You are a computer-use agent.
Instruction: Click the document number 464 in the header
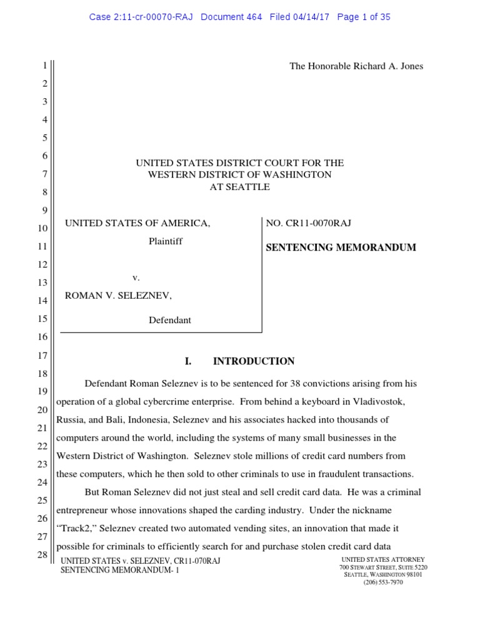point(253,17)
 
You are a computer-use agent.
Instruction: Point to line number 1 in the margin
point(44,66)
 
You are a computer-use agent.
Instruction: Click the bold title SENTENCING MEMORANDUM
point(341,247)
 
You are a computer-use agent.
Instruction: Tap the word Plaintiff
point(166,241)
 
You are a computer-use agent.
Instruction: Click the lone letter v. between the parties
point(136,277)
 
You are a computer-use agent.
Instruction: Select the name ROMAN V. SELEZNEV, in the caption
point(118,295)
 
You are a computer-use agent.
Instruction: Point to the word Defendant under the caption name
point(169,320)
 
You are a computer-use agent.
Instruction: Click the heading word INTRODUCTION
point(254,361)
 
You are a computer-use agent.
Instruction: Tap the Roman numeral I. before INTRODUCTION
point(187,361)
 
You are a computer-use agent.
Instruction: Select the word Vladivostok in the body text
point(375,401)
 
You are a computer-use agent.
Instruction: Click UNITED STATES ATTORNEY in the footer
point(383,559)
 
